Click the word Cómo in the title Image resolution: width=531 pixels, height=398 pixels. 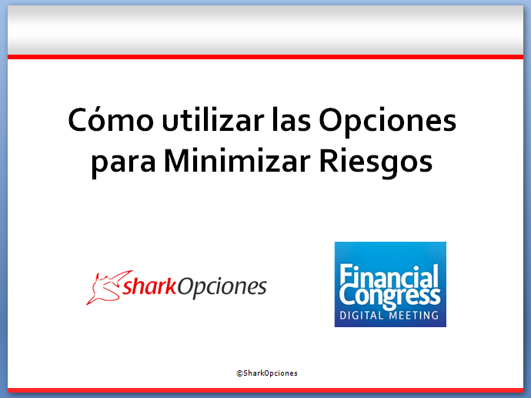[111, 120]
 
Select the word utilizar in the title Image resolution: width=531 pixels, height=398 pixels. [213, 119]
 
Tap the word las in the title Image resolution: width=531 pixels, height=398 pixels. [291, 119]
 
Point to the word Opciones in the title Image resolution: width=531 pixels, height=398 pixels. [387, 122]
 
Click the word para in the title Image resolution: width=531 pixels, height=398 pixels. [123, 163]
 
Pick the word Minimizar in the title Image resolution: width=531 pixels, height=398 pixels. [237, 160]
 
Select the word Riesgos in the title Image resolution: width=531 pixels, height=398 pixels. [376, 162]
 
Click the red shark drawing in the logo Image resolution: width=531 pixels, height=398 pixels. [105, 287]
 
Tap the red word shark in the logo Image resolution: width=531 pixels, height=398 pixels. [149, 286]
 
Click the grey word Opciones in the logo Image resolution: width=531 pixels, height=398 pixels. [222, 288]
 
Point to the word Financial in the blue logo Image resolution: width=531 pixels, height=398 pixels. [389, 276]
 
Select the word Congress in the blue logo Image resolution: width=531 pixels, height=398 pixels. [389, 297]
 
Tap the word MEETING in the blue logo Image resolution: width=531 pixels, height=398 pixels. [413, 316]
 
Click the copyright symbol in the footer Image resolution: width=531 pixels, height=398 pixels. [239, 373]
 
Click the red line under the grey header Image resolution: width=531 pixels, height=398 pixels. [265, 57]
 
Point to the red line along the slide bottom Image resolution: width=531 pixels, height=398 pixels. [265, 390]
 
